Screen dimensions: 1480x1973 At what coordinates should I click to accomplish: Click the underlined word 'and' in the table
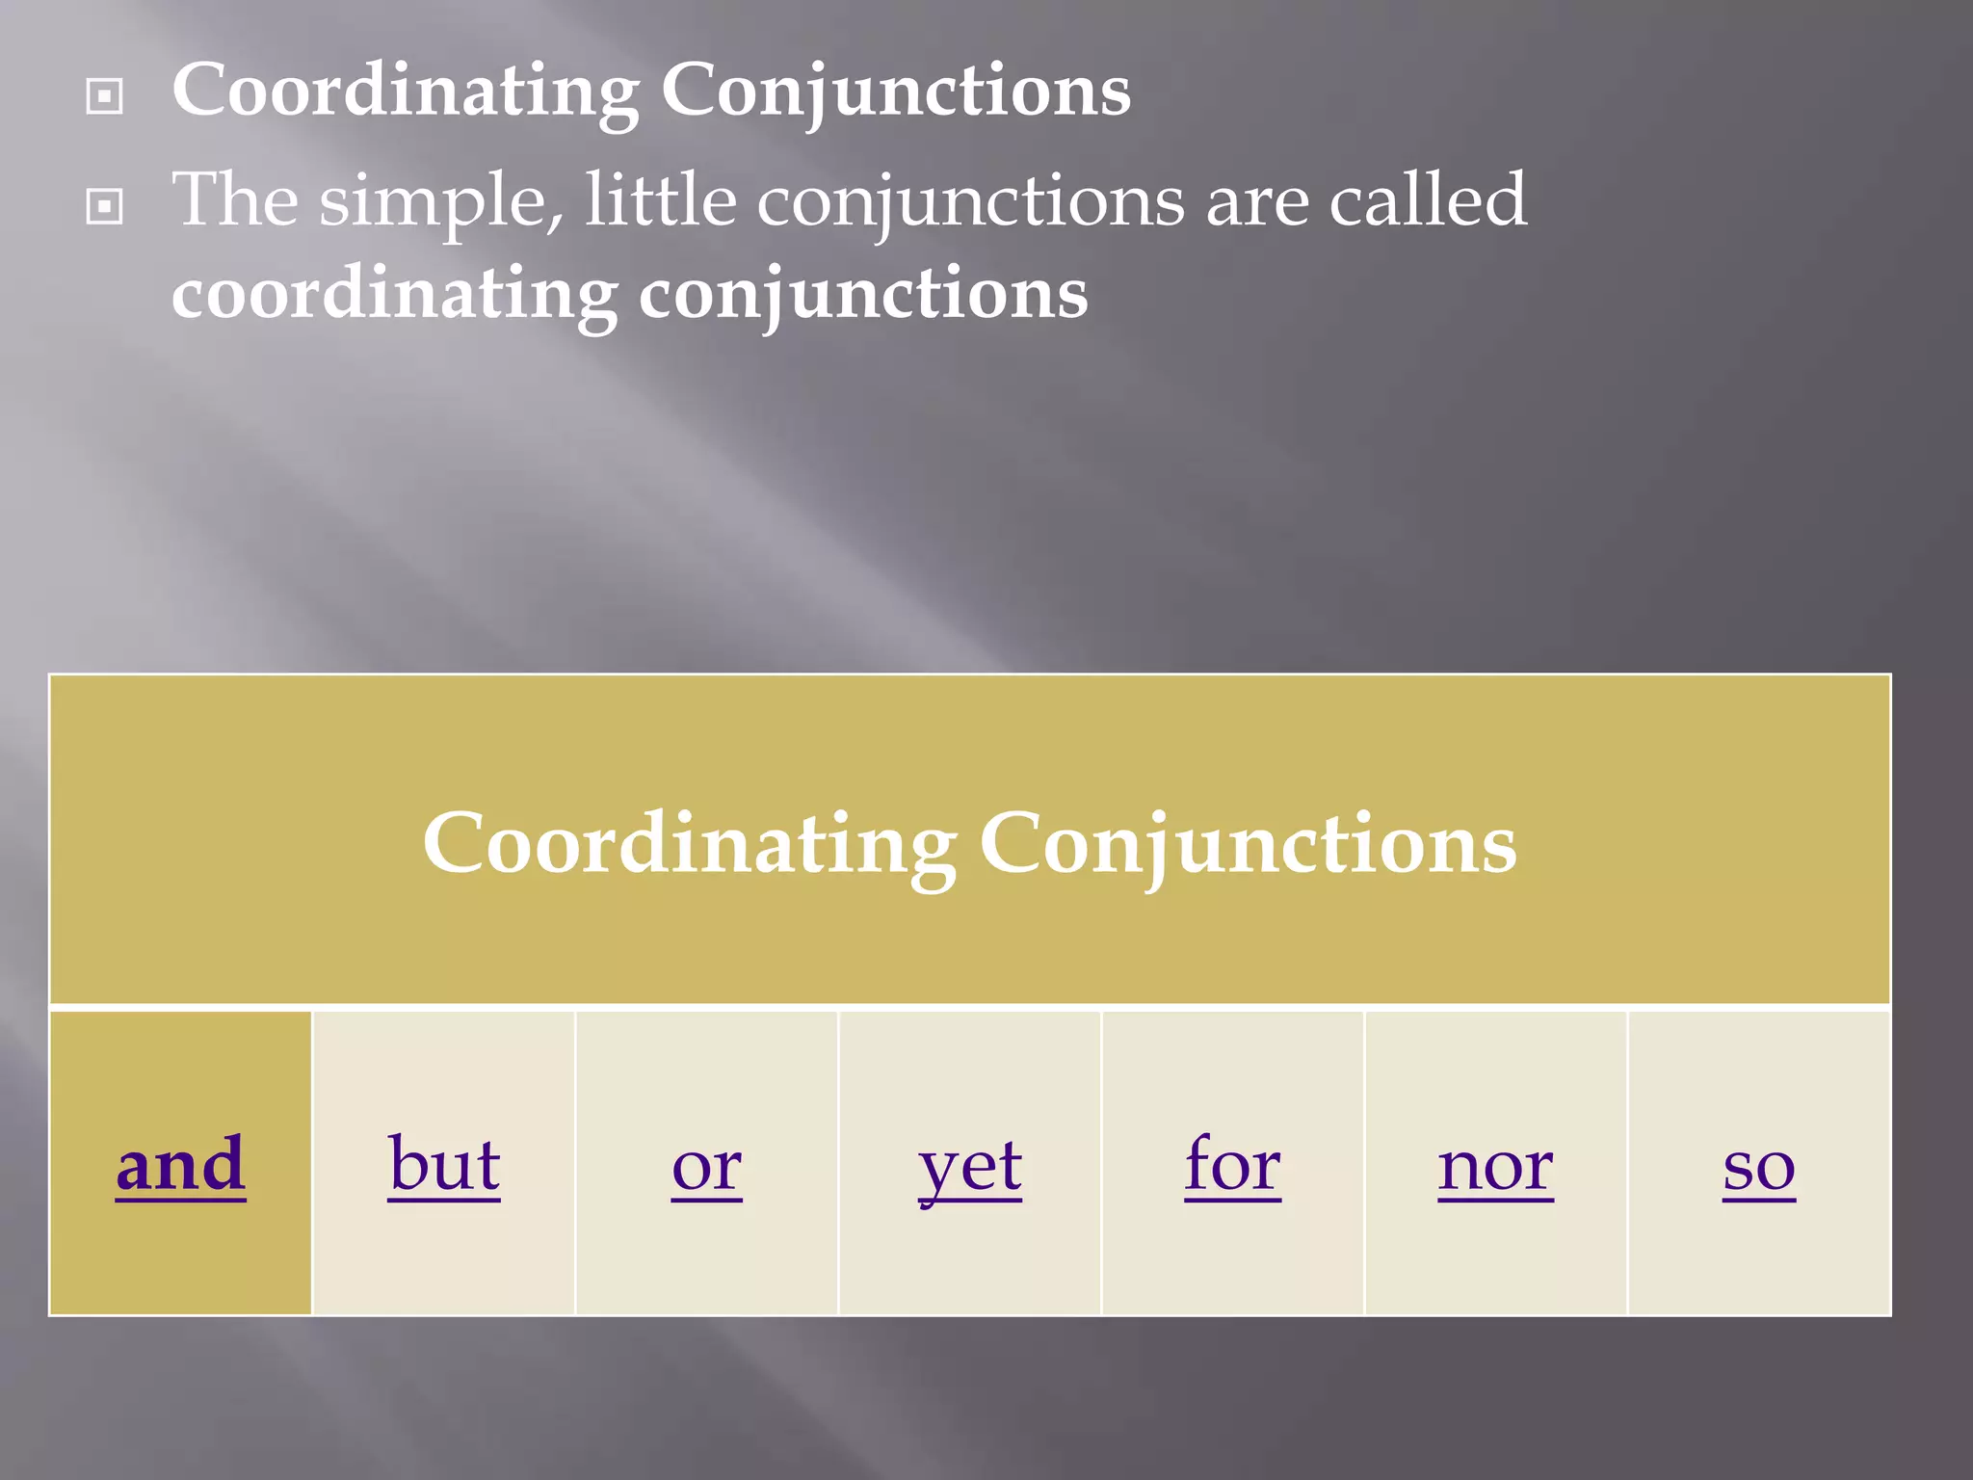pyautogui.click(x=181, y=1165)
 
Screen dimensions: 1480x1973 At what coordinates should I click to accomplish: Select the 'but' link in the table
pyautogui.click(x=444, y=1165)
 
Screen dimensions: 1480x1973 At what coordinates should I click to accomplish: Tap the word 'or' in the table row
pyautogui.click(x=707, y=1168)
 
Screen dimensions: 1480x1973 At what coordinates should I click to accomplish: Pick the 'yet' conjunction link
pyautogui.click(x=970, y=1168)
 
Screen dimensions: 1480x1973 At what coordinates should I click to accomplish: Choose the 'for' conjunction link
pyautogui.click(x=1233, y=1165)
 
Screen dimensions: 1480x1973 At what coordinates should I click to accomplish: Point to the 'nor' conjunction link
pyautogui.click(x=1495, y=1168)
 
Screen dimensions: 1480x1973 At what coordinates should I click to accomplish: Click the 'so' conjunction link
pyautogui.click(x=1759, y=1168)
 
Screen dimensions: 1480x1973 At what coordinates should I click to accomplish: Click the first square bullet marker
pyautogui.click(x=104, y=96)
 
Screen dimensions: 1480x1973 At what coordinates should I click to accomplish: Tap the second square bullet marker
pyautogui.click(x=104, y=206)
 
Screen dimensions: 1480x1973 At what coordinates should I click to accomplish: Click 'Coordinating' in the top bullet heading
pyautogui.click(x=405, y=92)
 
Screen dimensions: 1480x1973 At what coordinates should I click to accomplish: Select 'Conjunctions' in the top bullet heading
pyautogui.click(x=896, y=92)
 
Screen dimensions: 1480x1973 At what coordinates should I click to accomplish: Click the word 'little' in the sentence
pyautogui.click(x=661, y=199)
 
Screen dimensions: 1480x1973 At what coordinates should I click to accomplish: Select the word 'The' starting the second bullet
pyautogui.click(x=235, y=199)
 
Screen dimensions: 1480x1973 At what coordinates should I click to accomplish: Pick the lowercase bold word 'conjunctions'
pyautogui.click(x=863, y=295)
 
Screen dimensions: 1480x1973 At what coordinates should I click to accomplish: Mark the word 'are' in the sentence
pyautogui.click(x=1257, y=204)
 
